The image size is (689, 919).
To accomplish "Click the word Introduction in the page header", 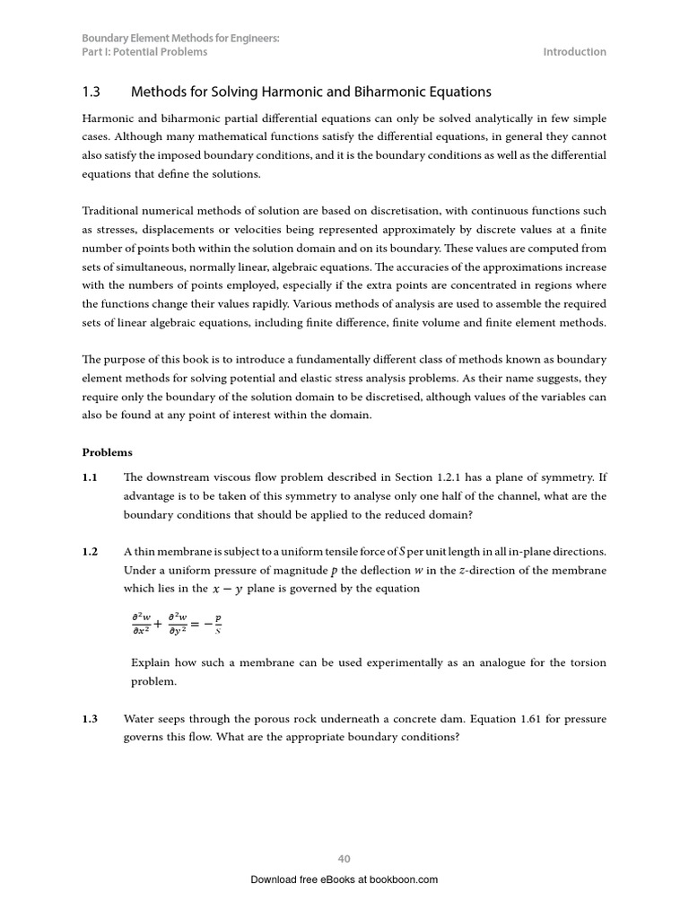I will (574, 52).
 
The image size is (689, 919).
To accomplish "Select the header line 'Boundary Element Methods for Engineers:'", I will (180, 39).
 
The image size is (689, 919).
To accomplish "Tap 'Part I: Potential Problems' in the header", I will (144, 52).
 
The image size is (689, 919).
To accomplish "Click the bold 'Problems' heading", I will (108, 452).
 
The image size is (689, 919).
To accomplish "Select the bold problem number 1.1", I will (90, 477).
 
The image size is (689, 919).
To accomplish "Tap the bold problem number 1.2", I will (90, 551).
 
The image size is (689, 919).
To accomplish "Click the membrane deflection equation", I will (176, 621).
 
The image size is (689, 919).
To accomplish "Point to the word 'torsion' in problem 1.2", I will (588, 663).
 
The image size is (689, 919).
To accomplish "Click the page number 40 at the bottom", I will (344, 859).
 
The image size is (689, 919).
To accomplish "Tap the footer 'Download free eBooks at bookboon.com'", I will (344, 880).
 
